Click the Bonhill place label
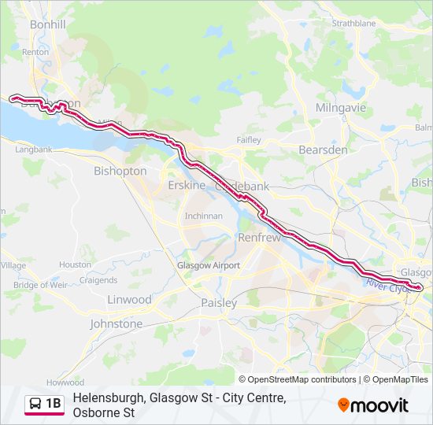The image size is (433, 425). click(47, 24)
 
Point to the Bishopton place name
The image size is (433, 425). click(120, 171)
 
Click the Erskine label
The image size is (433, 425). click(187, 186)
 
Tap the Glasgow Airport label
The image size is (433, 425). click(208, 266)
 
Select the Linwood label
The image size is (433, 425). click(129, 300)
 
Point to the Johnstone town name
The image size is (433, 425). click(117, 323)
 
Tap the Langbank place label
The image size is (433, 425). click(33, 149)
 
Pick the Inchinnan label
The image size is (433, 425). click(203, 216)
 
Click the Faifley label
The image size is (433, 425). click(249, 140)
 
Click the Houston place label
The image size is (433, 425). click(75, 265)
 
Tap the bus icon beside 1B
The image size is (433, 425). click(35, 405)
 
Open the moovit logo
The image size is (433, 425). click(373, 405)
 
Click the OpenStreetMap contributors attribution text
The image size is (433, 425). click(302, 379)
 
